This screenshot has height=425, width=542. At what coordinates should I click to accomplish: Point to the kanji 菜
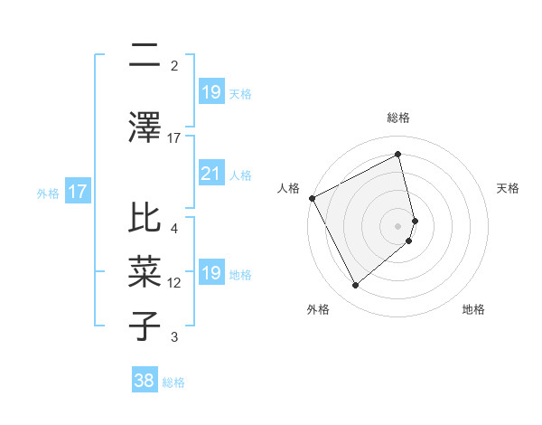[145, 272]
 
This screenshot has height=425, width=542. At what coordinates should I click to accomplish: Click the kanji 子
[145, 326]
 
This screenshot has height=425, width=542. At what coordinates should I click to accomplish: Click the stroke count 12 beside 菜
[174, 283]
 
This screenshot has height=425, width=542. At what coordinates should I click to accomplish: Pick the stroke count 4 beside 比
[174, 229]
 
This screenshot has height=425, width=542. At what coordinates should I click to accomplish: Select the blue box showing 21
[210, 174]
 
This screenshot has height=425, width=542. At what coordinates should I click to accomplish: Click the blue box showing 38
[145, 382]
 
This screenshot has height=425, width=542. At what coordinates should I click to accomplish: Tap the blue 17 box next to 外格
[77, 192]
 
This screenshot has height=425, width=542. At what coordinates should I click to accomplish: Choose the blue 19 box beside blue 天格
[210, 92]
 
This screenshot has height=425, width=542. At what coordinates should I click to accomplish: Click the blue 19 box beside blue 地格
[210, 273]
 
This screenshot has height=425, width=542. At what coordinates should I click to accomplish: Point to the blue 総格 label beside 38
[174, 382]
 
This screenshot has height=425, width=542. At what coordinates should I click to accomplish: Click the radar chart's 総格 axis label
[398, 118]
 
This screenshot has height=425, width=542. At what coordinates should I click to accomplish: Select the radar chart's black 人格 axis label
[288, 187]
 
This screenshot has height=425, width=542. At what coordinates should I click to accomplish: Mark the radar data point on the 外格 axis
[355, 286]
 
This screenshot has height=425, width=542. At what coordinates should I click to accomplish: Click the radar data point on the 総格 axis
[398, 154]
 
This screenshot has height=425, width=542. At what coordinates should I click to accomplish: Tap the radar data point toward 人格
[312, 198]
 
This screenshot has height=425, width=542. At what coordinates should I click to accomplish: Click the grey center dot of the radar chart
[398, 224]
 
